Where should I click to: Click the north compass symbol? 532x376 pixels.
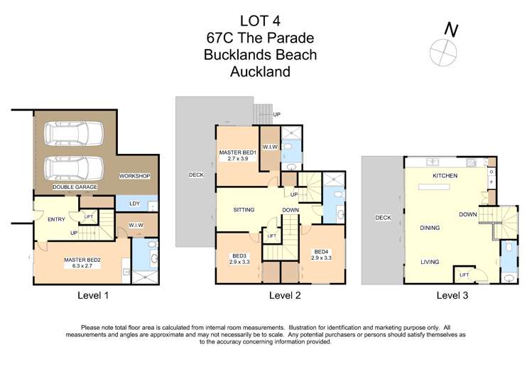[441, 50]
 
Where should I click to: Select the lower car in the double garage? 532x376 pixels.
[74, 168]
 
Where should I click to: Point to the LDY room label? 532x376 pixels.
[134, 204]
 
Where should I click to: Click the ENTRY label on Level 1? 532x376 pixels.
[56, 219]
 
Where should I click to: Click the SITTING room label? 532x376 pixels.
[244, 210]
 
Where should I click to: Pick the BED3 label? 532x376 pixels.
[239, 258]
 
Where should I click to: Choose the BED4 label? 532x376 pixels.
[322, 254]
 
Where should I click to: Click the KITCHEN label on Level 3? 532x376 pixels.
[445, 175]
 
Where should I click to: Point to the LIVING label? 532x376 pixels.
[430, 262]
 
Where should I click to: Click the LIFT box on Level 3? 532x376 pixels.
[464, 275]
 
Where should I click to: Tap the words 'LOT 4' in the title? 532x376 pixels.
[260, 21]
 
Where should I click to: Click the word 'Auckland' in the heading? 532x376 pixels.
[260, 71]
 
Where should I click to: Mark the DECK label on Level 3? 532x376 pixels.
[383, 218]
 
